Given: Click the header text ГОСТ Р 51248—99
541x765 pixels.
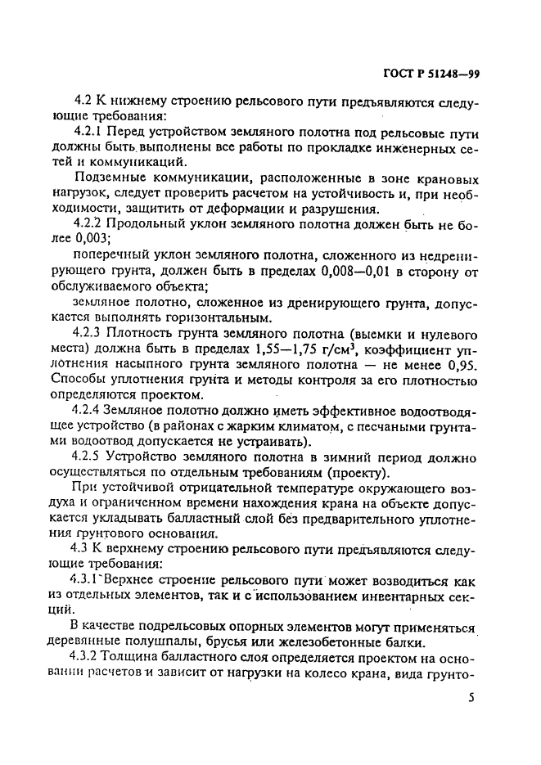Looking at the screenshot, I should coord(431,75).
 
